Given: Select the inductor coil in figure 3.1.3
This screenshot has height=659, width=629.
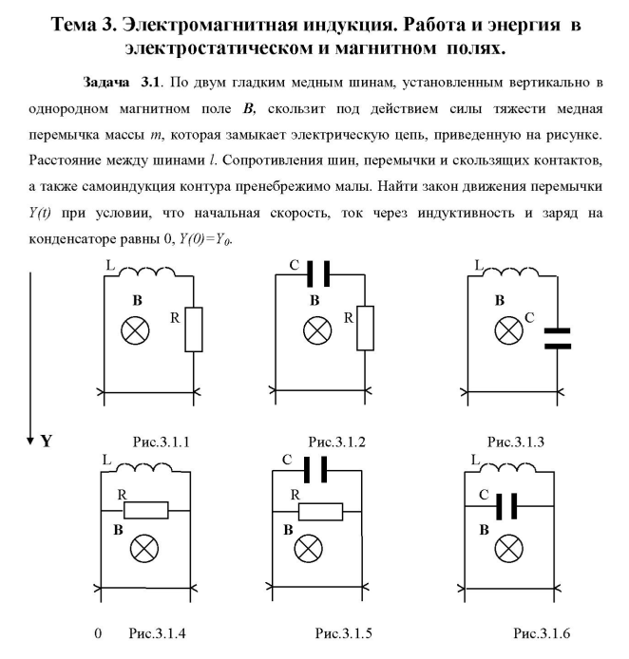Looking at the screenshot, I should pos(509,273).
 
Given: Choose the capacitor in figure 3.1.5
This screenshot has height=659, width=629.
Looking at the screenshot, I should pos(316,470).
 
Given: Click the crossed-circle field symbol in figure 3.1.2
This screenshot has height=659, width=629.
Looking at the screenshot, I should pos(314,330).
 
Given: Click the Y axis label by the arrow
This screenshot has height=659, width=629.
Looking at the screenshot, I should pos(45,442).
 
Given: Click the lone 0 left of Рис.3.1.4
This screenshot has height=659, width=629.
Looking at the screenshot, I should pos(97,632).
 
